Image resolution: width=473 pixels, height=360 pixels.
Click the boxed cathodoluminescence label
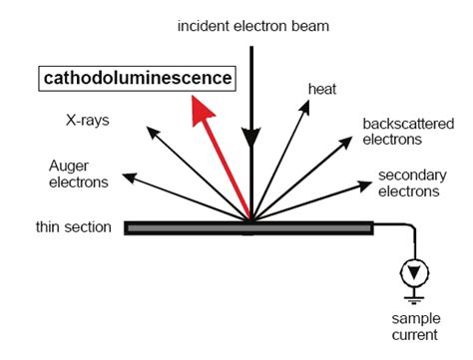(136, 78)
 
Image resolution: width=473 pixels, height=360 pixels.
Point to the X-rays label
(88, 121)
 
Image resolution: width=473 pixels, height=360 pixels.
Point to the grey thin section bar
(248, 227)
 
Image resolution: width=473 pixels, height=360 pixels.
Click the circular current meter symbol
(408, 271)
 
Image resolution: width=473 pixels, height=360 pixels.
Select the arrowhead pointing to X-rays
(151, 130)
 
